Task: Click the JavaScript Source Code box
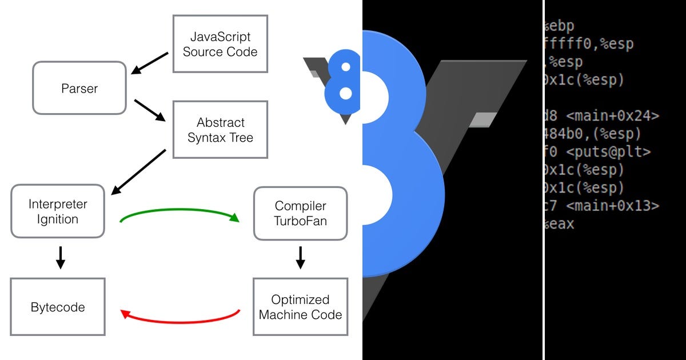220,44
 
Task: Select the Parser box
79,89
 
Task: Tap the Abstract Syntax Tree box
220,130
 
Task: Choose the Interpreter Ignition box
58,211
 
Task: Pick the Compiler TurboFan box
300,213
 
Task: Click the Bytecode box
58,307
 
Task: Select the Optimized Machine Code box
300,307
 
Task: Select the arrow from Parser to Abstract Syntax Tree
150,111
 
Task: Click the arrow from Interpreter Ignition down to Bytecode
60,258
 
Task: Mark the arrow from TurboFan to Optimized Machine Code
300,258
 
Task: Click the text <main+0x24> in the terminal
612,116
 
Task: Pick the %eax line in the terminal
560,224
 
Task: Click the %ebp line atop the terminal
560,26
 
